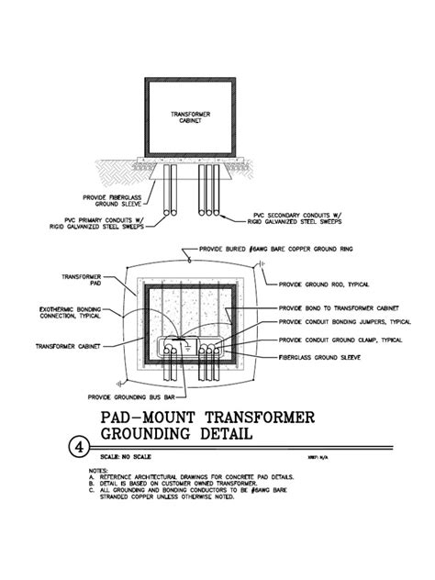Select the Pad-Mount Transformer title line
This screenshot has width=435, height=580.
point(206,418)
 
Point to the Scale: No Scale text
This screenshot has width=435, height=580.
point(126,456)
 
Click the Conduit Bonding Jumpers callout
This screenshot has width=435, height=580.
point(344,322)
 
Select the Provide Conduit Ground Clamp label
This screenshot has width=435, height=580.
point(339,339)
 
